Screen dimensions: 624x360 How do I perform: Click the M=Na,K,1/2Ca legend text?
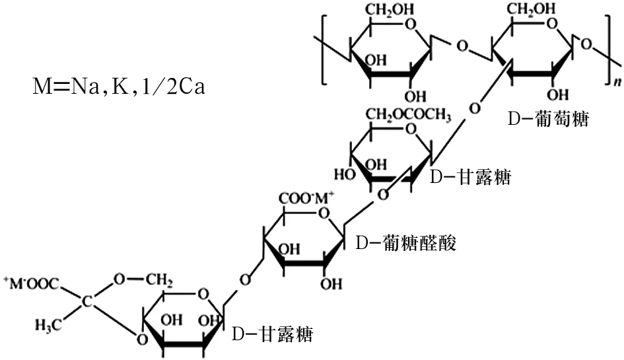pyautogui.click(x=119, y=86)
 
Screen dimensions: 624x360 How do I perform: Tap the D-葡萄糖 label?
pyautogui.click(x=548, y=119)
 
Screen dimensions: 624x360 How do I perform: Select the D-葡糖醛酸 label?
pyautogui.click(x=406, y=242)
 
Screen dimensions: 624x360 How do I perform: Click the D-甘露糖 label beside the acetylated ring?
pyautogui.click(x=470, y=176)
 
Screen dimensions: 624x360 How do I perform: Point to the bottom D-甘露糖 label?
pyautogui.click(x=273, y=334)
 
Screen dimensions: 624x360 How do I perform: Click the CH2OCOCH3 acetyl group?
pyautogui.click(x=408, y=115)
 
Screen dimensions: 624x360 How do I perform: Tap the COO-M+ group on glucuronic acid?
pyautogui.click(x=306, y=198)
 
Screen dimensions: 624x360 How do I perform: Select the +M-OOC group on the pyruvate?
pyautogui.click(x=32, y=283)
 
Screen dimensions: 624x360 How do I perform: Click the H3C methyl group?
pyautogui.click(x=48, y=326)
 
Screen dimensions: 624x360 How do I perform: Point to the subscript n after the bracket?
pyautogui.click(x=617, y=81)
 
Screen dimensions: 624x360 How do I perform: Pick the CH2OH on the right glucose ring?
pyautogui.click(x=531, y=9)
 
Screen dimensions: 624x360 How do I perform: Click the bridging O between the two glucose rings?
pyautogui.click(x=462, y=46)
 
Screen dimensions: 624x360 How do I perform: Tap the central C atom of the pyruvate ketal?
pyautogui.click(x=87, y=301)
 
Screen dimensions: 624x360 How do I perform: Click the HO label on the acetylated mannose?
pyautogui.click(x=345, y=174)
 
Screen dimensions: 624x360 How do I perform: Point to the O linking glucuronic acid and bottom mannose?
pyautogui.click(x=245, y=279)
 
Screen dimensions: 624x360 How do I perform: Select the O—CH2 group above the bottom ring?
pyautogui.click(x=143, y=279)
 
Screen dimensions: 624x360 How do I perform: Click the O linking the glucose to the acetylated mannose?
pyautogui.click(x=474, y=108)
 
